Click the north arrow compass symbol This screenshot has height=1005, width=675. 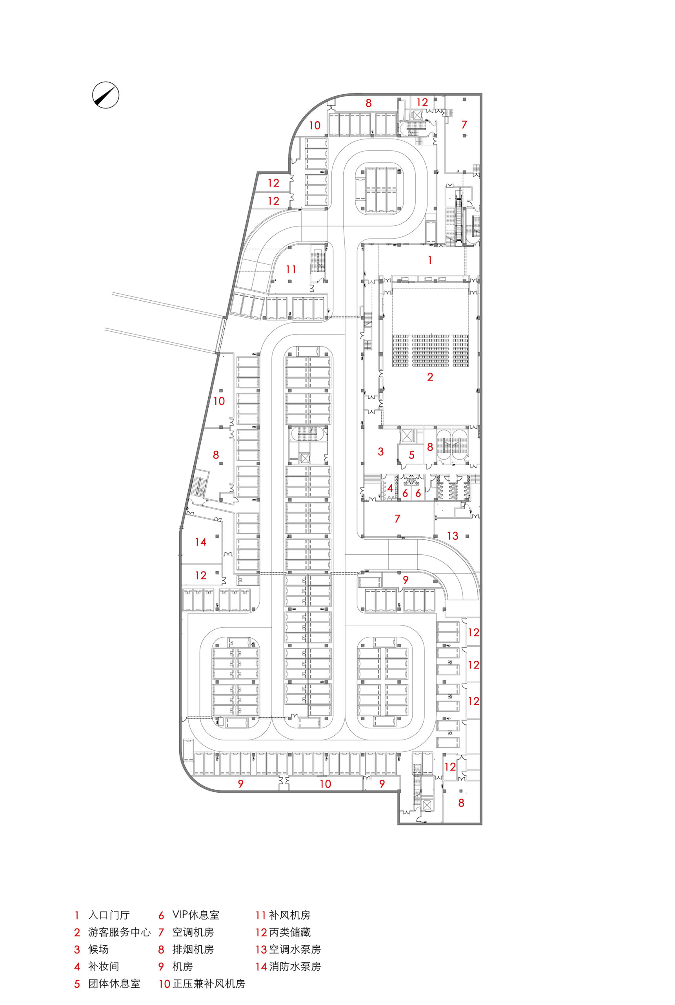tap(106, 95)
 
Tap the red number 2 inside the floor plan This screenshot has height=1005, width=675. tap(430, 377)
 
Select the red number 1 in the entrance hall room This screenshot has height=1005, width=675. tap(429, 260)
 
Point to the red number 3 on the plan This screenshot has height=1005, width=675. tap(380, 451)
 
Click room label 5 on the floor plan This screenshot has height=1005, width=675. tap(411, 455)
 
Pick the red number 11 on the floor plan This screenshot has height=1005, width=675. tap(291, 269)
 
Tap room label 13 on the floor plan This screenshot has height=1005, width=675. tap(453, 536)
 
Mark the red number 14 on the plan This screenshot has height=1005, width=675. tap(200, 542)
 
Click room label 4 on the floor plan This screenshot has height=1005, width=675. tap(390, 488)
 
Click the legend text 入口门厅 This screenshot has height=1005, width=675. tap(109, 915)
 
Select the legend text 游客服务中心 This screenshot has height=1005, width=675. tap(119, 932)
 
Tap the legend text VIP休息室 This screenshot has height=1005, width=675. tap(196, 915)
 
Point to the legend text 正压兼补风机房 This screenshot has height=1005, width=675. tap(209, 984)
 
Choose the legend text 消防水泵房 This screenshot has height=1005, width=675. tap(295, 967)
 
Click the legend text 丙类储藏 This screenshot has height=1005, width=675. tap(290, 932)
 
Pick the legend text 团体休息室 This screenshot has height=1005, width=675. tap(114, 984)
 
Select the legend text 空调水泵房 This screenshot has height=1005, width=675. tap(295, 949)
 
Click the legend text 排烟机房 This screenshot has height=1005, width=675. tap(193, 949)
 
